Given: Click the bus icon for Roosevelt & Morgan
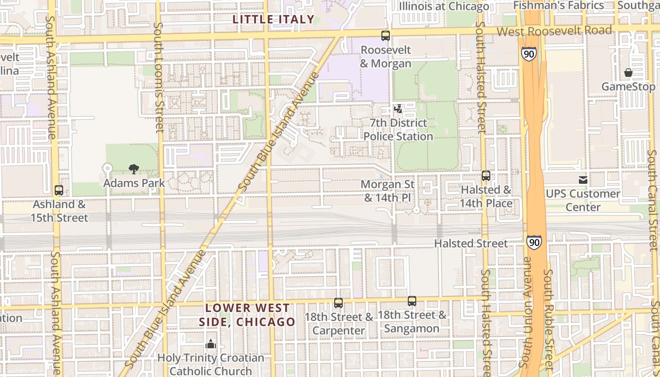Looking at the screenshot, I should point(386,35).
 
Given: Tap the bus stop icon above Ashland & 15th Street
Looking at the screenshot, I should point(59,190).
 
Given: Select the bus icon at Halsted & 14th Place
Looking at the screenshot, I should point(486,176).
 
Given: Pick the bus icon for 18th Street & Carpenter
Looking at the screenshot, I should point(338,303).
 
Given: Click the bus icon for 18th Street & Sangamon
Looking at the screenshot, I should point(412,301).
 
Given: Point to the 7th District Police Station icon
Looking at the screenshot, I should point(398,109).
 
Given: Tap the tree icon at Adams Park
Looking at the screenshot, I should point(134,169).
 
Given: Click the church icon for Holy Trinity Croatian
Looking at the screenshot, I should point(211,344).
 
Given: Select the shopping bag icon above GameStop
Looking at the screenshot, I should point(628,73).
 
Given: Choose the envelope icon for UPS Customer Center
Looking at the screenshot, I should point(583,180).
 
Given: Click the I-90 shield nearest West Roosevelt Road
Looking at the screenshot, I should point(528,54).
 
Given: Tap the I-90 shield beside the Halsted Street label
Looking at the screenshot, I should point(534,243).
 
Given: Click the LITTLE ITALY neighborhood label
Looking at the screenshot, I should point(273,19).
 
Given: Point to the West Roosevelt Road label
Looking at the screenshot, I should point(554,31).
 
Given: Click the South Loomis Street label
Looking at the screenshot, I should point(159,78).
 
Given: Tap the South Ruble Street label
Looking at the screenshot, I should point(548,320).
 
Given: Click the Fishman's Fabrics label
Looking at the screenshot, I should point(558,6).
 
